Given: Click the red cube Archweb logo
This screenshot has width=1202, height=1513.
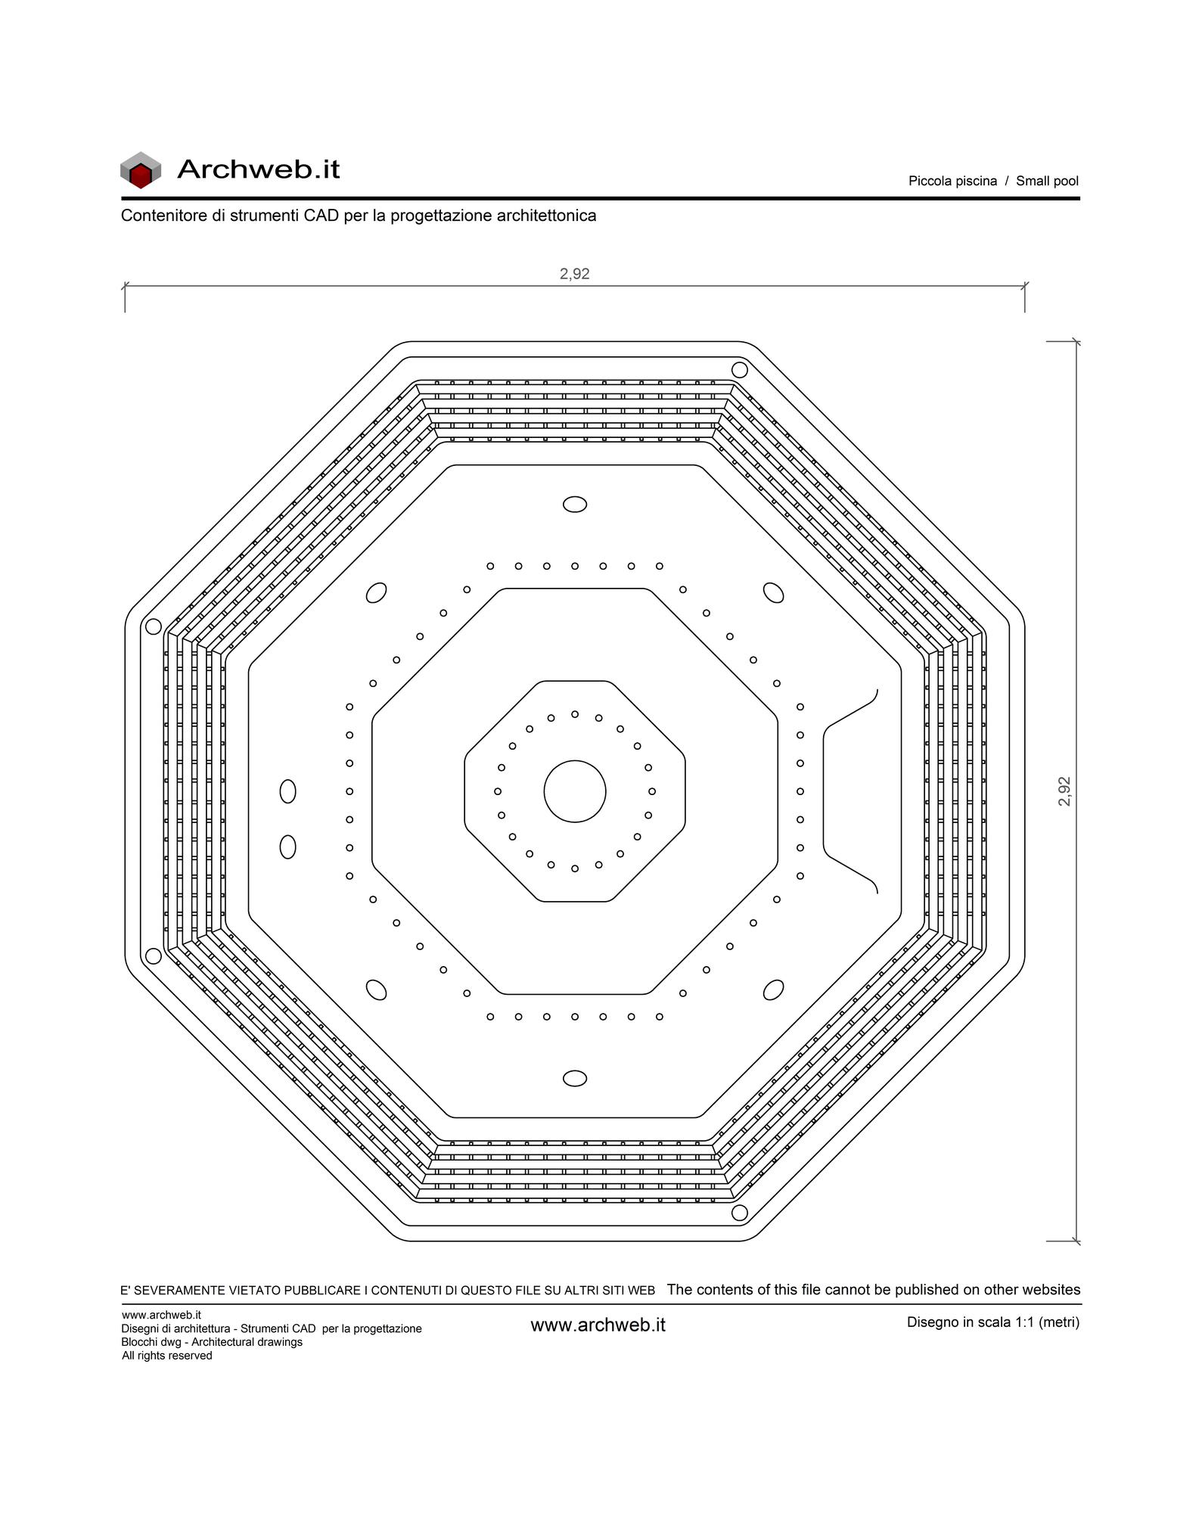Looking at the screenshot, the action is [x=141, y=170].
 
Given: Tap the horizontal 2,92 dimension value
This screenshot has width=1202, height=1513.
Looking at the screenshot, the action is [x=575, y=274].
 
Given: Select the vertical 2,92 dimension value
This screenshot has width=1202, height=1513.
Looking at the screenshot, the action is [x=1064, y=791].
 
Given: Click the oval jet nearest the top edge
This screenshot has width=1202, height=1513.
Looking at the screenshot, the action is [x=575, y=505].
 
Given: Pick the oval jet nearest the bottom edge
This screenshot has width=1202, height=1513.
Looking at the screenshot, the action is [x=575, y=1078].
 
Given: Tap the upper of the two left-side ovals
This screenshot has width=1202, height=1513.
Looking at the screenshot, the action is [x=287, y=791].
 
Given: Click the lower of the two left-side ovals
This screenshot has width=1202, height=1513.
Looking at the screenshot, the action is [x=287, y=847].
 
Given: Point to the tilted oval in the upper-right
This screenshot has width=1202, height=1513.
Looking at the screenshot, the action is [x=773, y=592].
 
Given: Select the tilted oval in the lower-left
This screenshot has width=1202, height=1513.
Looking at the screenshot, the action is [x=376, y=990].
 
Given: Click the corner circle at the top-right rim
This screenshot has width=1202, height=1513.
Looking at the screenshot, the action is [x=740, y=370].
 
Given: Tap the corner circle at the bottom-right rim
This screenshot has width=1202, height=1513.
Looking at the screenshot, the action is [x=740, y=1213].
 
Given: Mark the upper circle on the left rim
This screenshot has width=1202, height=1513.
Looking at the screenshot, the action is [x=153, y=626].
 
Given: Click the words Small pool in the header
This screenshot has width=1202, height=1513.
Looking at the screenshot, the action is [x=1047, y=181].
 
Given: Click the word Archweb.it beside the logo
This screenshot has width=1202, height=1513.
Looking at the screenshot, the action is [x=259, y=169].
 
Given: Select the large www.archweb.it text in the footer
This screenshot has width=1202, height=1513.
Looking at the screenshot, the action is [x=598, y=1325].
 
